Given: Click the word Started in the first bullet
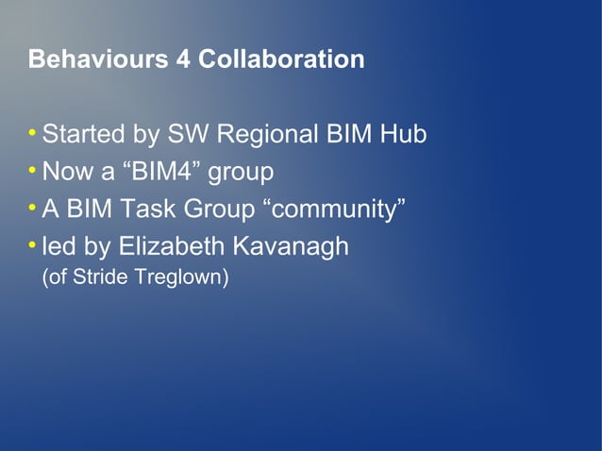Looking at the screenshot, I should [83, 135].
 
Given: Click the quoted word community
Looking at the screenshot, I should [333, 210].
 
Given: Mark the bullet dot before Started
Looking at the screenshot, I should [34, 133].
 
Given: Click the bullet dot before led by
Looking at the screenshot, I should [34, 244].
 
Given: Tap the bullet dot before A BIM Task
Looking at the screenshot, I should [34, 208].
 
